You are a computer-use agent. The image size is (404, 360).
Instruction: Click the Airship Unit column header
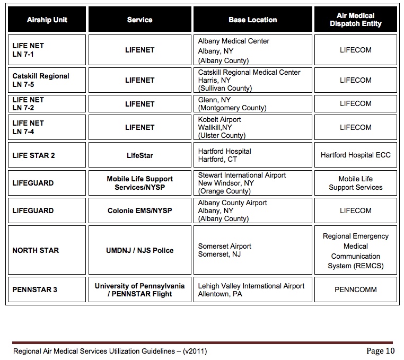coord(47,20)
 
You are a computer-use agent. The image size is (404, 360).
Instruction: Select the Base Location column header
coord(252,20)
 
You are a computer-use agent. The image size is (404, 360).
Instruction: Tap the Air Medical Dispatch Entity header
coord(355,20)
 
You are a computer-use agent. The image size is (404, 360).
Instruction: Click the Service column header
coord(139,20)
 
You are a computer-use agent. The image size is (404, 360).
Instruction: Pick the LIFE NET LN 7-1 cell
coord(47,50)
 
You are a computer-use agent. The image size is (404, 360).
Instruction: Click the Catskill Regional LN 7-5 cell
coord(47,80)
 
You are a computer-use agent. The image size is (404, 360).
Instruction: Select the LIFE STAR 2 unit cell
coord(47,155)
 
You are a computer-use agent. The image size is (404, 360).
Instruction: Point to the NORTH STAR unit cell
coord(47,250)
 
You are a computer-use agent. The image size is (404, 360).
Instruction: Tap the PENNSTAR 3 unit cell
coord(47,289)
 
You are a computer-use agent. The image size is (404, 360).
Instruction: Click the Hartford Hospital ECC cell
coord(355,155)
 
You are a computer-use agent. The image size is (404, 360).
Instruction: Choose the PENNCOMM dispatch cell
coord(355,289)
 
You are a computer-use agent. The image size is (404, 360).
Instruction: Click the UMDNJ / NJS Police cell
coord(139,250)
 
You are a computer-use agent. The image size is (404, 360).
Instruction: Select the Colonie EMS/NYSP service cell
coord(139,210)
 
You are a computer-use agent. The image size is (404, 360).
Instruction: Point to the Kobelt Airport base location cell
coord(252,127)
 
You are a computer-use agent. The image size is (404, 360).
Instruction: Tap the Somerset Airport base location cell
coord(252,250)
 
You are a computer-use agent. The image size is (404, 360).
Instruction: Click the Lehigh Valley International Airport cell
coord(252,289)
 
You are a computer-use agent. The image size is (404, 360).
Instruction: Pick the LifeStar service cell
coord(139,155)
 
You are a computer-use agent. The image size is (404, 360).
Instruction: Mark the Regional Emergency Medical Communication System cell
coord(355,251)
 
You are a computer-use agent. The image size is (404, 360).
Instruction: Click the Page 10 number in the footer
coord(380,350)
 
